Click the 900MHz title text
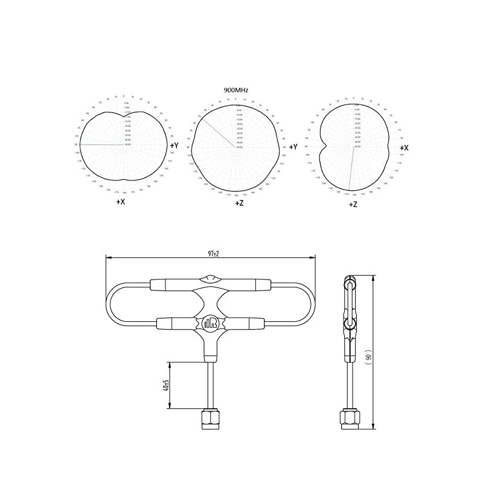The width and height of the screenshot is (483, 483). pyautogui.click(x=236, y=89)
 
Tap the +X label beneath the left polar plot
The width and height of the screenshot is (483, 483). pyautogui.click(x=121, y=202)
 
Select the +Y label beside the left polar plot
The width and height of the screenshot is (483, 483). pyautogui.click(x=174, y=146)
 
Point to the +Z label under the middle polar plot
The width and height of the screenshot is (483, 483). pyautogui.click(x=239, y=203)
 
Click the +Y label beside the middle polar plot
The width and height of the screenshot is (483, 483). pyautogui.click(x=293, y=147)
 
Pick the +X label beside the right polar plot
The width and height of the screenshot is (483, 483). pyautogui.click(x=404, y=147)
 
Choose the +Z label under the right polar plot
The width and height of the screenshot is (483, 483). pyautogui.click(x=353, y=205)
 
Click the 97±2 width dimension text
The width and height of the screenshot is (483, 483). pyautogui.click(x=212, y=254)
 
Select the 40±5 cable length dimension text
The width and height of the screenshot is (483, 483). pyautogui.click(x=165, y=385)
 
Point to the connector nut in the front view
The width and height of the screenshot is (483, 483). pyautogui.click(x=211, y=419)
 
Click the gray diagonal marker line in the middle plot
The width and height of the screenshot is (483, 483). pyautogui.click(x=219, y=132)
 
